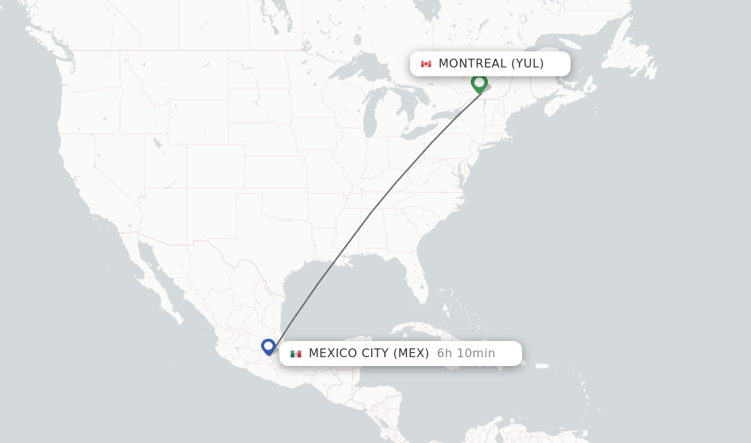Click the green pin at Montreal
(479, 83)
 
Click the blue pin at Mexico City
(268, 346)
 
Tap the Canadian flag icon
(426, 64)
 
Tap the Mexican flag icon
(296, 354)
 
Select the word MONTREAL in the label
(472, 64)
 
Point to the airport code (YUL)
(527, 64)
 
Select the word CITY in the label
(375, 354)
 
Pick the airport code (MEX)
(411, 354)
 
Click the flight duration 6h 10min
(466, 354)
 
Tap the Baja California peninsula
(157, 282)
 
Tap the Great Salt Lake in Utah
(156, 142)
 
